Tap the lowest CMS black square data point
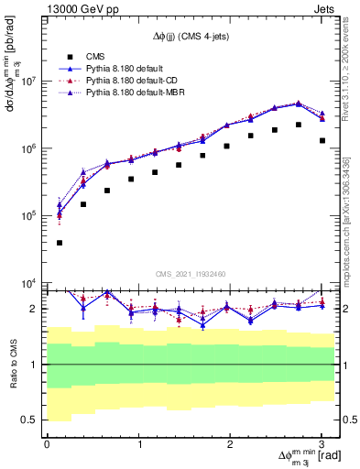60,243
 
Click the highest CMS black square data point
298,125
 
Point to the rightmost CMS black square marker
322,140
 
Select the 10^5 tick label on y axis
28,216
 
